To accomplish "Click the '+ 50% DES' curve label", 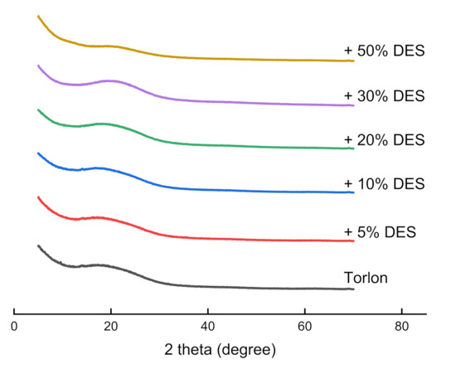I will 384,51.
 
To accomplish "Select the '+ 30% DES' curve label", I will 384,96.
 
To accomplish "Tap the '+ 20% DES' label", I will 384,139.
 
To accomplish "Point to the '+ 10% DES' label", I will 384,183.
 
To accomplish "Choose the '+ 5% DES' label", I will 379,231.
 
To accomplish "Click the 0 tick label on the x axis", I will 14,327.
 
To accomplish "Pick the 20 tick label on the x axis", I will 111,327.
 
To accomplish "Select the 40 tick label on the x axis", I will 207,327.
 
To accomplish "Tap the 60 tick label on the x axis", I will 304,327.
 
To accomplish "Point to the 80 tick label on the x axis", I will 401,327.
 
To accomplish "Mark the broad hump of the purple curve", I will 109,81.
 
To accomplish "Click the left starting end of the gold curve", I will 38,16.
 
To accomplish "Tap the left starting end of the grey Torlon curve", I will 38,245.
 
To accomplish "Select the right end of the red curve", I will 353,240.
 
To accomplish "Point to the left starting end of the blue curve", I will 38,153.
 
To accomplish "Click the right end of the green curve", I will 353,148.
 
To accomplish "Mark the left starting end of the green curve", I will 38,109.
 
